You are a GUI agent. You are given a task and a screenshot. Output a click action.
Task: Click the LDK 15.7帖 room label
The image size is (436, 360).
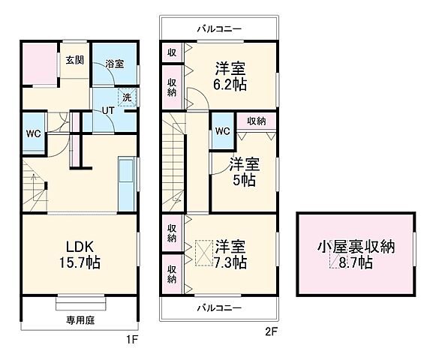pos(78,255)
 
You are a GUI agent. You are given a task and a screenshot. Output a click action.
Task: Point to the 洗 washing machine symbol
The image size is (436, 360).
pos(128,97)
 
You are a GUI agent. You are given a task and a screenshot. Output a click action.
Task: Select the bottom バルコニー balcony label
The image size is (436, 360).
pos(219,308)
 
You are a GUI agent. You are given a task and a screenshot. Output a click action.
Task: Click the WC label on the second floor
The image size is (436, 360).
pos(222,130)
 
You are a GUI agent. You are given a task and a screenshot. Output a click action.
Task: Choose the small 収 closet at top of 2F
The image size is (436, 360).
pos(172,52)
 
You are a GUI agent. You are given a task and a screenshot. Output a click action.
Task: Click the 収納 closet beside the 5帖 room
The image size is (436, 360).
pos(255,120)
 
